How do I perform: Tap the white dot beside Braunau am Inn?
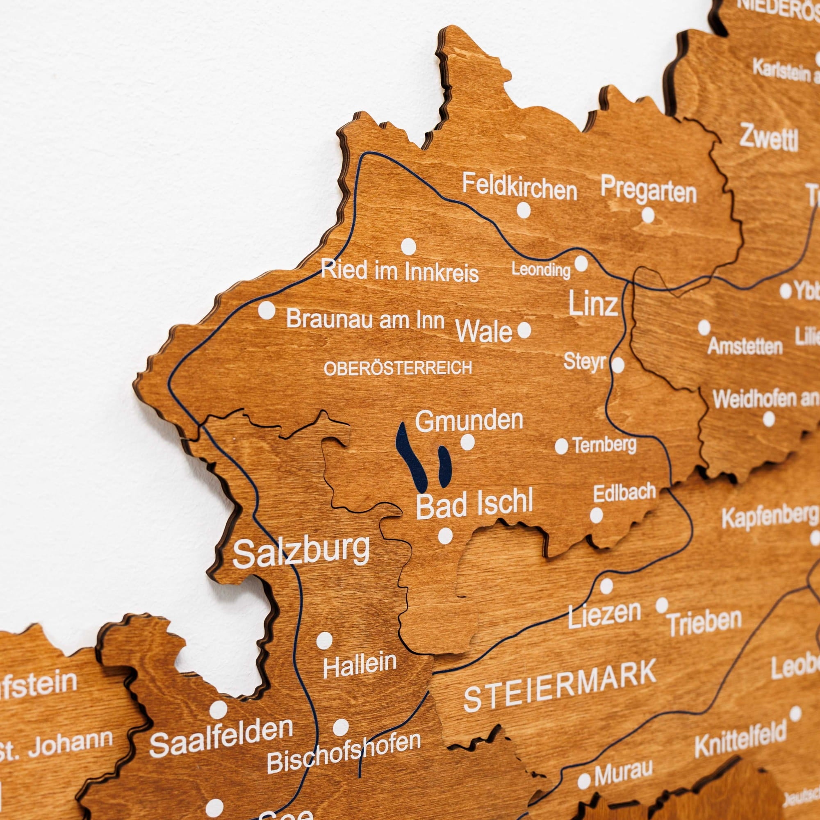pyautogui.click(x=266, y=310)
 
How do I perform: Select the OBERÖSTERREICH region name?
pyautogui.click(x=398, y=368)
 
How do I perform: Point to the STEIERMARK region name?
pyautogui.click(x=560, y=685)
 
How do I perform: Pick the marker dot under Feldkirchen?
pyautogui.click(x=524, y=210)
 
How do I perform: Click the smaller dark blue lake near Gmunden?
pyautogui.click(x=444, y=467)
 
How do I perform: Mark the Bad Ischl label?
pyautogui.click(x=474, y=504)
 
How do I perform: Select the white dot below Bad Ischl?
pyautogui.click(x=445, y=536)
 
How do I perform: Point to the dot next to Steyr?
pyautogui.click(x=617, y=364)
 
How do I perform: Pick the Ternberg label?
pyautogui.click(x=604, y=445)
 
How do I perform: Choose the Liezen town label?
pyautogui.click(x=604, y=615)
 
